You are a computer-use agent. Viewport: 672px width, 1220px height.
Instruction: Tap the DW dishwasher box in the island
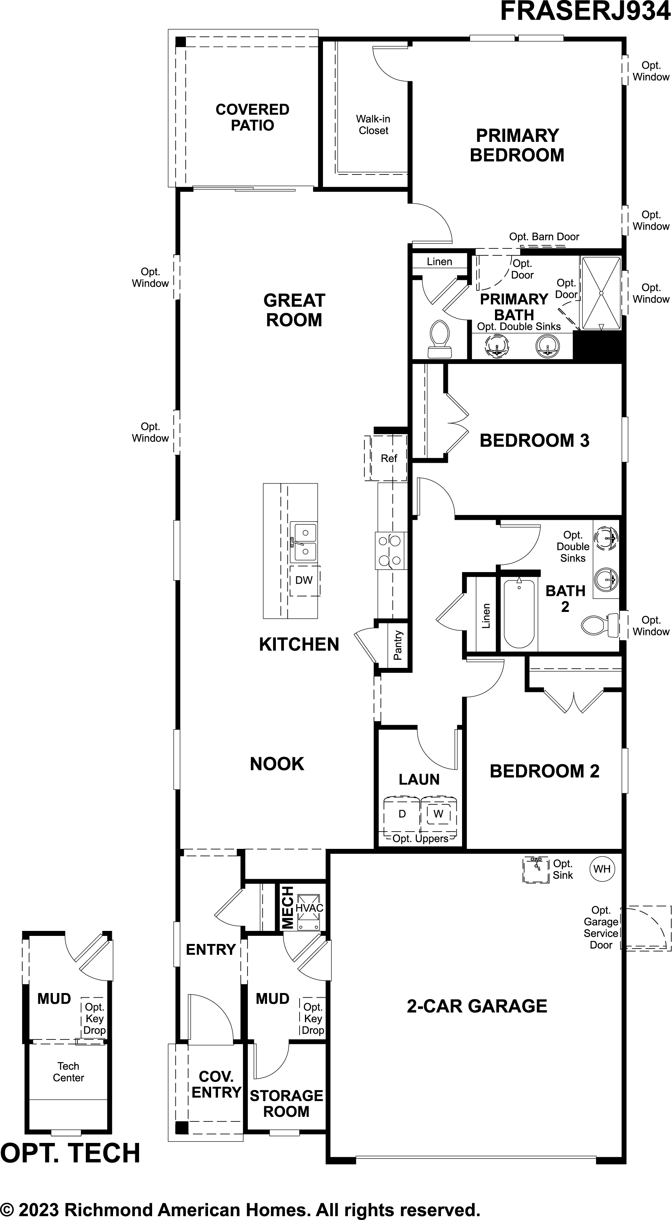pos(304,580)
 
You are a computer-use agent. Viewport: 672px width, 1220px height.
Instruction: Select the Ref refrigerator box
pos(389,458)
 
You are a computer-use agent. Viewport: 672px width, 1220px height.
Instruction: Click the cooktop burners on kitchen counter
pos(391,550)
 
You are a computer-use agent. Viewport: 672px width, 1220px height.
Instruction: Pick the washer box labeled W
pos(439,814)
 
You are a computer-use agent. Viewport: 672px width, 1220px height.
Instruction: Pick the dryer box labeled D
pos(402,814)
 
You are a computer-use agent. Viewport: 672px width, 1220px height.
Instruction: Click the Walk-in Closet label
pos(374,125)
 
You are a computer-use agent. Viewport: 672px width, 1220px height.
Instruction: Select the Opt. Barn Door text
pos(544,236)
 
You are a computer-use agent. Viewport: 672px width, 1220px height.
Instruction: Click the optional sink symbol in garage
pos(536,870)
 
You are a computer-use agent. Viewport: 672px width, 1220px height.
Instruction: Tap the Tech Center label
pos(68,1071)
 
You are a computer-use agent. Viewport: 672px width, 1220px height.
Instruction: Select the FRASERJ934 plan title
pos(585,12)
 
